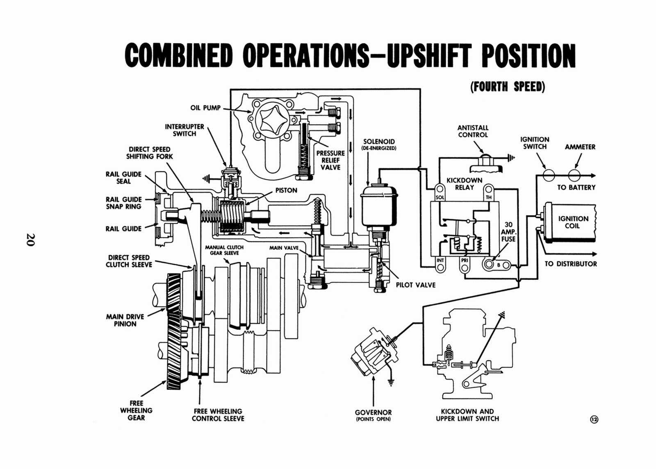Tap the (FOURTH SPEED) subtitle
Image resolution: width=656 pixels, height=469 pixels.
coord(508,87)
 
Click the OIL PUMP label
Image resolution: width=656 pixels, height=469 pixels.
coord(205,108)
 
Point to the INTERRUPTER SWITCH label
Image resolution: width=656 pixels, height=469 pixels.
coord(184,130)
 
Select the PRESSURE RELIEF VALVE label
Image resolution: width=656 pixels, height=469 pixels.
coord(330,160)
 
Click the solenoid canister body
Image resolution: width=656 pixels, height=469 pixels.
coord(378,205)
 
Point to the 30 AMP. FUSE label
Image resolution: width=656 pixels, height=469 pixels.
coord(508,232)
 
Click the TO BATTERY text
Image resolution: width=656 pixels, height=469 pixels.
coord(576,188)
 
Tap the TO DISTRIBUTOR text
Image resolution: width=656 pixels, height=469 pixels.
coord(571,264)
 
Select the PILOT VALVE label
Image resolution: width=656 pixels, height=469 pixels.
coord(415,285)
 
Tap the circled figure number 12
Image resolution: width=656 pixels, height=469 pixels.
coord(594,419)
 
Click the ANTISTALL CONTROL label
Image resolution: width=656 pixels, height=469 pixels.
coord(473,131)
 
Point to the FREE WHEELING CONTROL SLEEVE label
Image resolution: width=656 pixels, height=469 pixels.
coord(218,415)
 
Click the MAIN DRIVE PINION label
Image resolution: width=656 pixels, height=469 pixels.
coord(125,320)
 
